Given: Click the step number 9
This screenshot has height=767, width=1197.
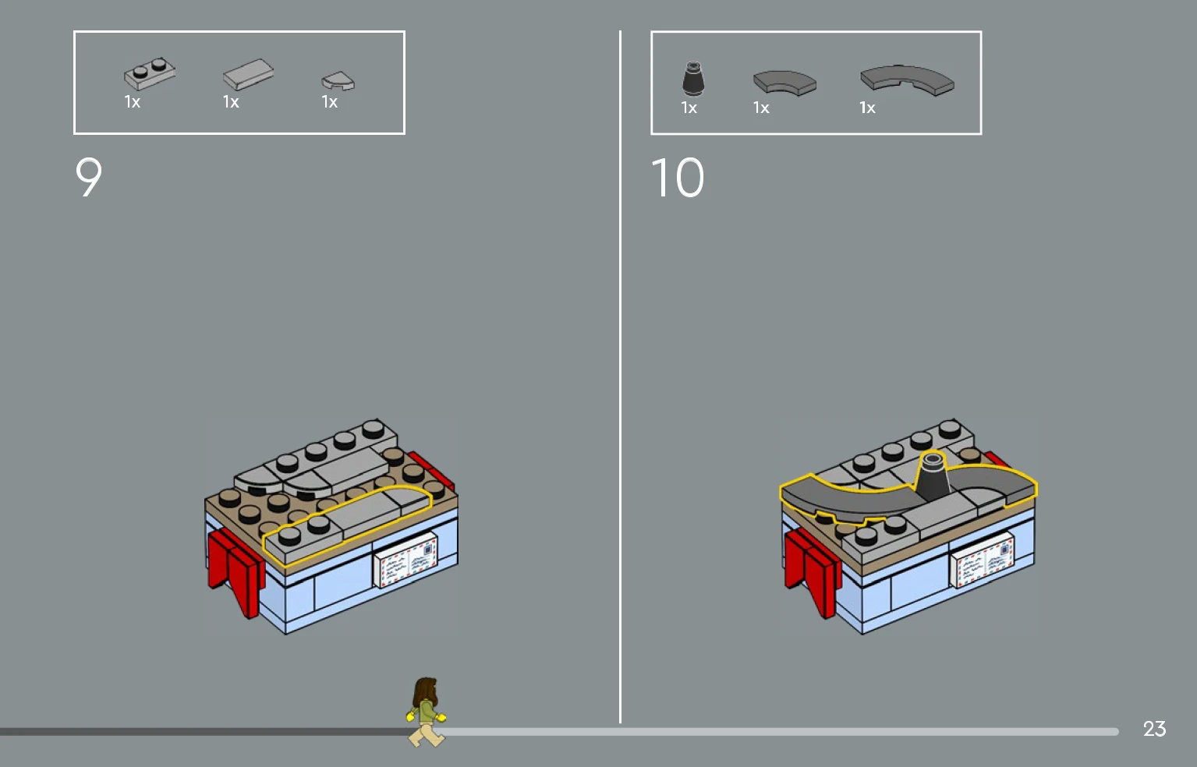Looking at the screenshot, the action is click(89, 177).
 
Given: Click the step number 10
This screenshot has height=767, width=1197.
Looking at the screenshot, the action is click(678, 177).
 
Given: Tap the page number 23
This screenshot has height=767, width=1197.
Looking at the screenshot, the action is click(1154, 729).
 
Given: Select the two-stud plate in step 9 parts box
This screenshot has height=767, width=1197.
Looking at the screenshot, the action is click(150, 74).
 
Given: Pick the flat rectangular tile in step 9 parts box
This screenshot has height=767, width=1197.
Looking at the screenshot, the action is click(249, 74).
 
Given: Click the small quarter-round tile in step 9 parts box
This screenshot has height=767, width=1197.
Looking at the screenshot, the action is click(338, 81).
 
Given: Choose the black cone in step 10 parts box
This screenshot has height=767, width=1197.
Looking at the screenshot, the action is click(693, 79).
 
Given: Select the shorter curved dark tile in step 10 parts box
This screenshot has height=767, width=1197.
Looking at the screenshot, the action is click(784, 82).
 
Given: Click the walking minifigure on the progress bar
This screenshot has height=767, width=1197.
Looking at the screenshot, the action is click(426, 712).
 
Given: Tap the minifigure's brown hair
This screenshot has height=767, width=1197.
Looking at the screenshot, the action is click(425, 691).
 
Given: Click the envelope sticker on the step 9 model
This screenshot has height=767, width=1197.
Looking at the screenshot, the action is click(405, 559).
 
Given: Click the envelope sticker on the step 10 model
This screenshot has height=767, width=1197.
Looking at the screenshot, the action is click(983, 560).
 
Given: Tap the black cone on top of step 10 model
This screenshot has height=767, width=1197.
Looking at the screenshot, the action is click(932, 477).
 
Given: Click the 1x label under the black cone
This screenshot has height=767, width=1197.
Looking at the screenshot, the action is click(689, 108).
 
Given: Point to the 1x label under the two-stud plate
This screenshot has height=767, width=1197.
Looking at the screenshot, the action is click(132, 101).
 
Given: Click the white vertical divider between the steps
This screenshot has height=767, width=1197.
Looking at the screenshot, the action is click(620, 376).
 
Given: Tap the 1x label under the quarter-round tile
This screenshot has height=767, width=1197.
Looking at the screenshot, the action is click(329, 101).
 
